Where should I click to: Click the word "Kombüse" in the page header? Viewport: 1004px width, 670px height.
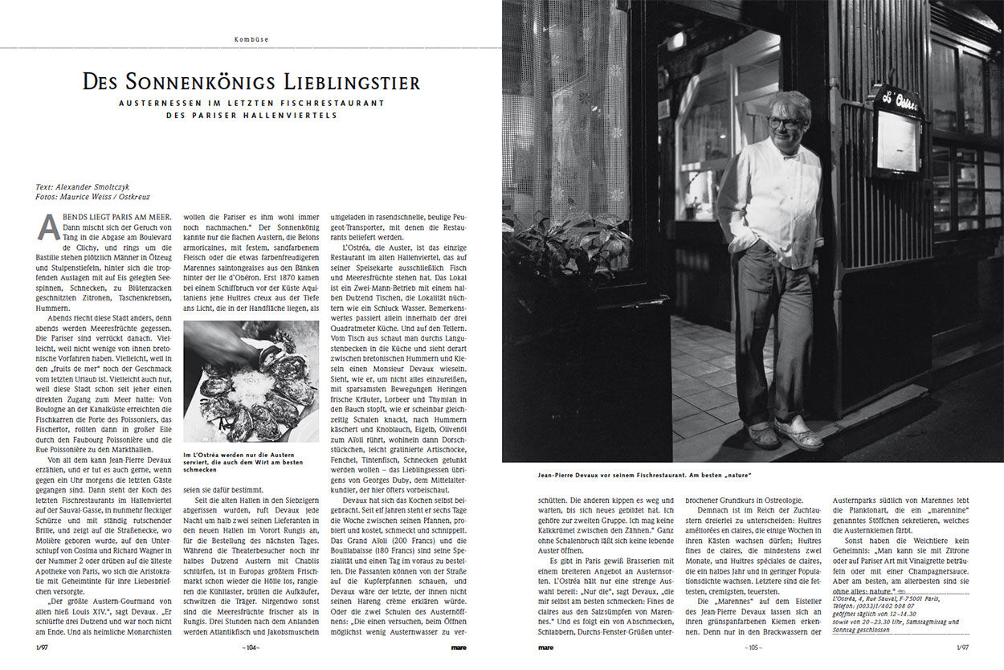[251, 39]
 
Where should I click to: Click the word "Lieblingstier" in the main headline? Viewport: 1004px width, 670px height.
[351, 82]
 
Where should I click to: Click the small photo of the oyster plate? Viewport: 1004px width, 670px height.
[251, 382]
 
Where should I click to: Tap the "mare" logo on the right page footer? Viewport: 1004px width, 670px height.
[546, 647]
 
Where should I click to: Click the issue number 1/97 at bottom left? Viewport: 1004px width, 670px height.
[42, 647]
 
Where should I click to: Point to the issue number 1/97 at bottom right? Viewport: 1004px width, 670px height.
[961, 647]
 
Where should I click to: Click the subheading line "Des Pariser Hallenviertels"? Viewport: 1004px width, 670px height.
[251, 115]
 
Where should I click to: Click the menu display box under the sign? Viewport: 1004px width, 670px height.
[896, 140]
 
